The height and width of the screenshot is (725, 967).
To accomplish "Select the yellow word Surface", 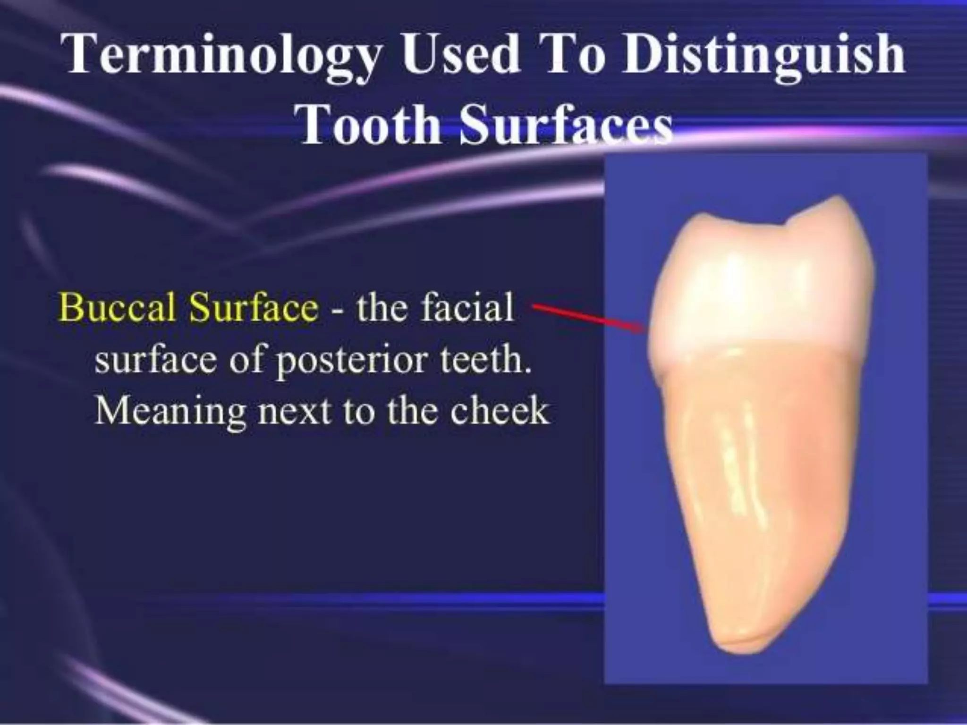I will (x=254, y=307).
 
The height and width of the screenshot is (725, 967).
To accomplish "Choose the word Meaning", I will (x=170, y=412).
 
